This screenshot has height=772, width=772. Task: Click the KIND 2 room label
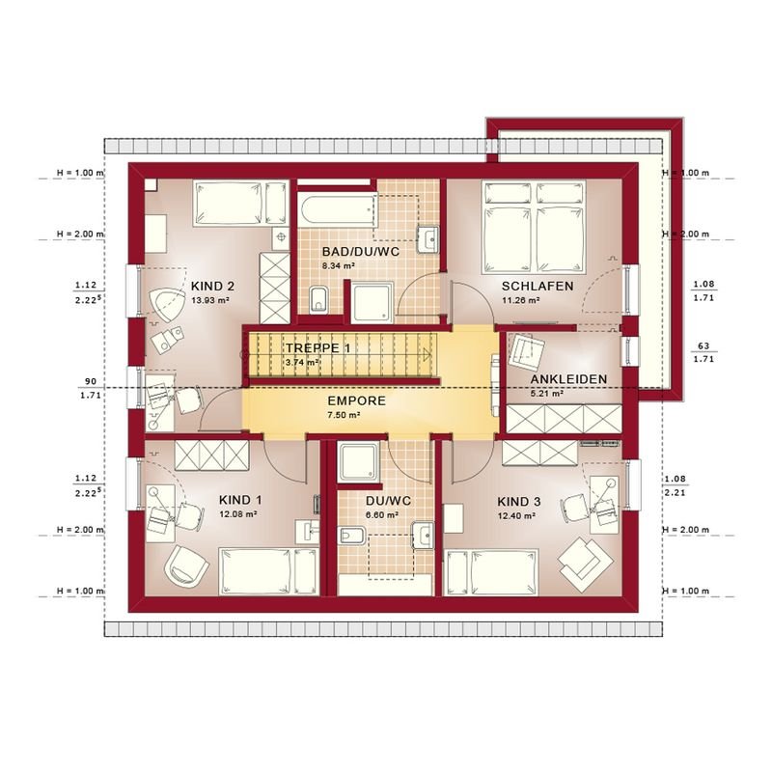pos(212,286)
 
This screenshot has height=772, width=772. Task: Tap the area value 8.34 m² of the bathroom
pos(339,266)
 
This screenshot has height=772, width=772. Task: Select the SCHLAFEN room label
pos(538,286)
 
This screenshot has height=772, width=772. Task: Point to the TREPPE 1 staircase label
pos(318,348)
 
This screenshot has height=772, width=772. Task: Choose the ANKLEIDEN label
pos(568,379)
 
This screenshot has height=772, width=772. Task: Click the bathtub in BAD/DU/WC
pos(337,210)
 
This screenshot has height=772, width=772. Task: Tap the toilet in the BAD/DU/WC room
pos(318,298)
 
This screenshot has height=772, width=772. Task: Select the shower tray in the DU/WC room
pos(359,463)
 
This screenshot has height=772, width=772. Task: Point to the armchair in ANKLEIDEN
pos(527,351)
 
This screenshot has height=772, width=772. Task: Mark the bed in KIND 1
pos(268,571)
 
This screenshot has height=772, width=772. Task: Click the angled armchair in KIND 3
pos(586,564)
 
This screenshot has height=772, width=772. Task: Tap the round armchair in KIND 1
pos(186,564)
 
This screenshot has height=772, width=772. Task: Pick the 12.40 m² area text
pos(516,516)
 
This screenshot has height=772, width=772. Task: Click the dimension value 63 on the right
pos(703,346)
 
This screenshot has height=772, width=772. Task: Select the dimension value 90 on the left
pos(91,381)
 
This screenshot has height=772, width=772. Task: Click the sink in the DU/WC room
pos(423,536)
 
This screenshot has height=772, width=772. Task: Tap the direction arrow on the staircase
pos(426,354)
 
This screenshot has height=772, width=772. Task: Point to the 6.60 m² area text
pos(381,515)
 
